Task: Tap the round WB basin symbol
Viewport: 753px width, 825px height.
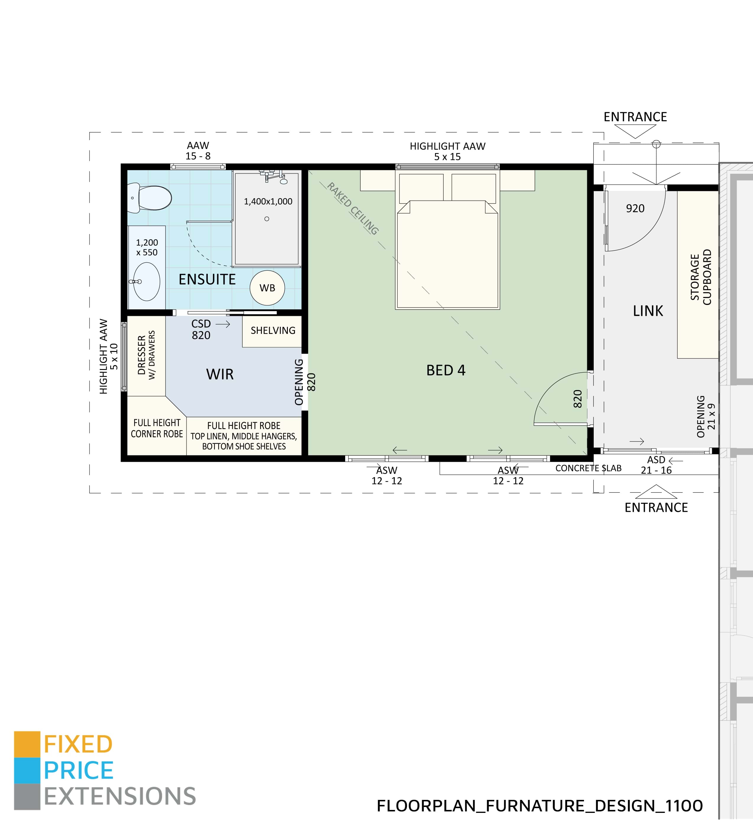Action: [x=267, y=288]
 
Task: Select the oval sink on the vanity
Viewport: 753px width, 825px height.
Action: [x=147, y=282]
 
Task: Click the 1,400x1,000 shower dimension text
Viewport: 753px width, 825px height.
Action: [x=268, y=201]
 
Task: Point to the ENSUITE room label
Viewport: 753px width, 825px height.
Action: [x=207, y=280]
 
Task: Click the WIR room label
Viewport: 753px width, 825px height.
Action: [x=220, y=374]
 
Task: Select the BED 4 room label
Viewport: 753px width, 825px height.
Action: [x=446, y=370]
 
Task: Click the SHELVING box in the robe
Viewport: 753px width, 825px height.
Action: [x=272, y=331]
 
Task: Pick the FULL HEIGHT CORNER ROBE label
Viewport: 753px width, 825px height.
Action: [x=157, y=428]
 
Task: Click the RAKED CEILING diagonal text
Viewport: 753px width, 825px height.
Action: [x=352, y=209]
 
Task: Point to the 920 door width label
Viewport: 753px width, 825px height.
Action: [x=635, y=209]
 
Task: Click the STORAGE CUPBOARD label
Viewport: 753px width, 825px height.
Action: [x=701, y=277]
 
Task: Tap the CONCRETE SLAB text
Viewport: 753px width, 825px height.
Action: [x=588, y=468]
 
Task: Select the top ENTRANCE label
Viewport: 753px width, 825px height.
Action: [x=635, y=117]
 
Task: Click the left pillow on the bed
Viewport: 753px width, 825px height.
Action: [x=421, y=187]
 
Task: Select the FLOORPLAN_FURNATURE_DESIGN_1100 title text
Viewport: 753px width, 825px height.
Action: [x=539, y=806]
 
